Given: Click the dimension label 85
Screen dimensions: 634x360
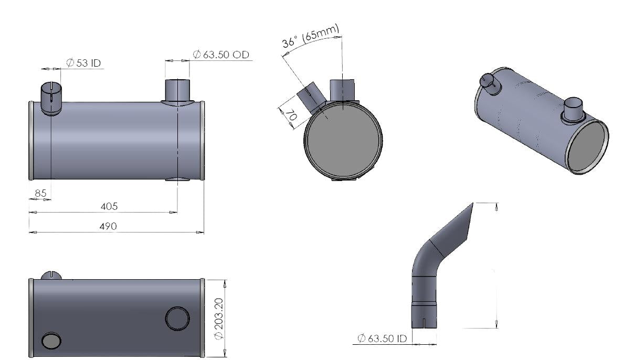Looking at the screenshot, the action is [x=40, y=193].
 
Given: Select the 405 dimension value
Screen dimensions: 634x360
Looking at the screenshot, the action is [x=109, y=206].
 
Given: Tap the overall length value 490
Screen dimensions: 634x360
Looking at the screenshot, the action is [x=108, y=226].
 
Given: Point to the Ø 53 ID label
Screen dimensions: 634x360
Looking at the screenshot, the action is [x=83, y=63].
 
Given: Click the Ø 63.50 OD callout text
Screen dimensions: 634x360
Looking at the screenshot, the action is [x=221, y=55].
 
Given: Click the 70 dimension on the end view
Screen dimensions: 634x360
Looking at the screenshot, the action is [x=291, y=115].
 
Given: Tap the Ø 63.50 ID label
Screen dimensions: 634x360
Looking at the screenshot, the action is [x=383, y=338].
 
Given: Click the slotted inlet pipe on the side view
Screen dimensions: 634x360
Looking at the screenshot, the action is [x=51, y=99].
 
